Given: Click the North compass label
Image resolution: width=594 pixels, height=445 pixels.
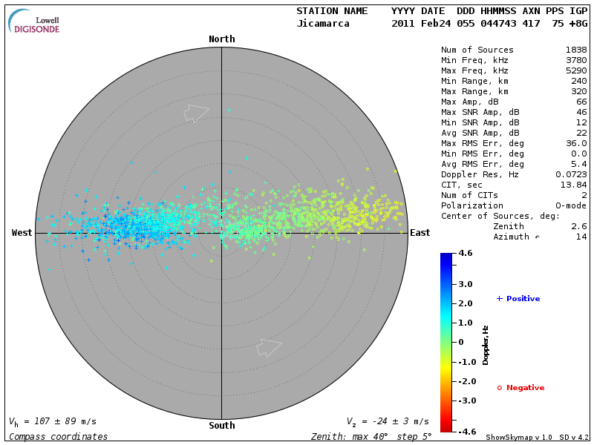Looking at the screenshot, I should [x=221, y=39].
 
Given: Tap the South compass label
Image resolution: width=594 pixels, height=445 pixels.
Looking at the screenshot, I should [x=221, y=426].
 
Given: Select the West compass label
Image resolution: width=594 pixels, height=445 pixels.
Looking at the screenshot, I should [x=22, y=233].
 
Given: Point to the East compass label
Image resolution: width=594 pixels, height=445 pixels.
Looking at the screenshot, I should [x=420, y=233].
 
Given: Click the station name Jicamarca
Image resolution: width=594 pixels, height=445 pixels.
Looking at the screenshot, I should [x=323, y=24].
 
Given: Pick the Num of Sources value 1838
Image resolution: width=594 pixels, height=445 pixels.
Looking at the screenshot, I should [x=575, y=50].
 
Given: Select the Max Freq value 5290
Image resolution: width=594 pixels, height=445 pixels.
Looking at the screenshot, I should [x=575, y=70].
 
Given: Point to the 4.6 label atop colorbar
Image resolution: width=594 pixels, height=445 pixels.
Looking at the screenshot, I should [x=465, y=254].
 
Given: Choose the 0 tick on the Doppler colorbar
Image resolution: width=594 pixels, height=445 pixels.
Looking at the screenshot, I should [x=461, y=342].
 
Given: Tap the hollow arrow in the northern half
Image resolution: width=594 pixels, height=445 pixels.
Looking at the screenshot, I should [x=196, y=112].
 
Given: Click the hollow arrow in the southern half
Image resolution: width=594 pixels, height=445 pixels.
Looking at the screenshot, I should [x=269, y=347].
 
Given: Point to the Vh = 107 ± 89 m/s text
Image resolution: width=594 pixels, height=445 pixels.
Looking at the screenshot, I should [x=53, y=421].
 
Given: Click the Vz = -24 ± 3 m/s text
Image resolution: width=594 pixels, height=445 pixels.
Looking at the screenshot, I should [x=388, y=421].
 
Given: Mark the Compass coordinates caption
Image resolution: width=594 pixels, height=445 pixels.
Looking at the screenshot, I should [x=59, y=437].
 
